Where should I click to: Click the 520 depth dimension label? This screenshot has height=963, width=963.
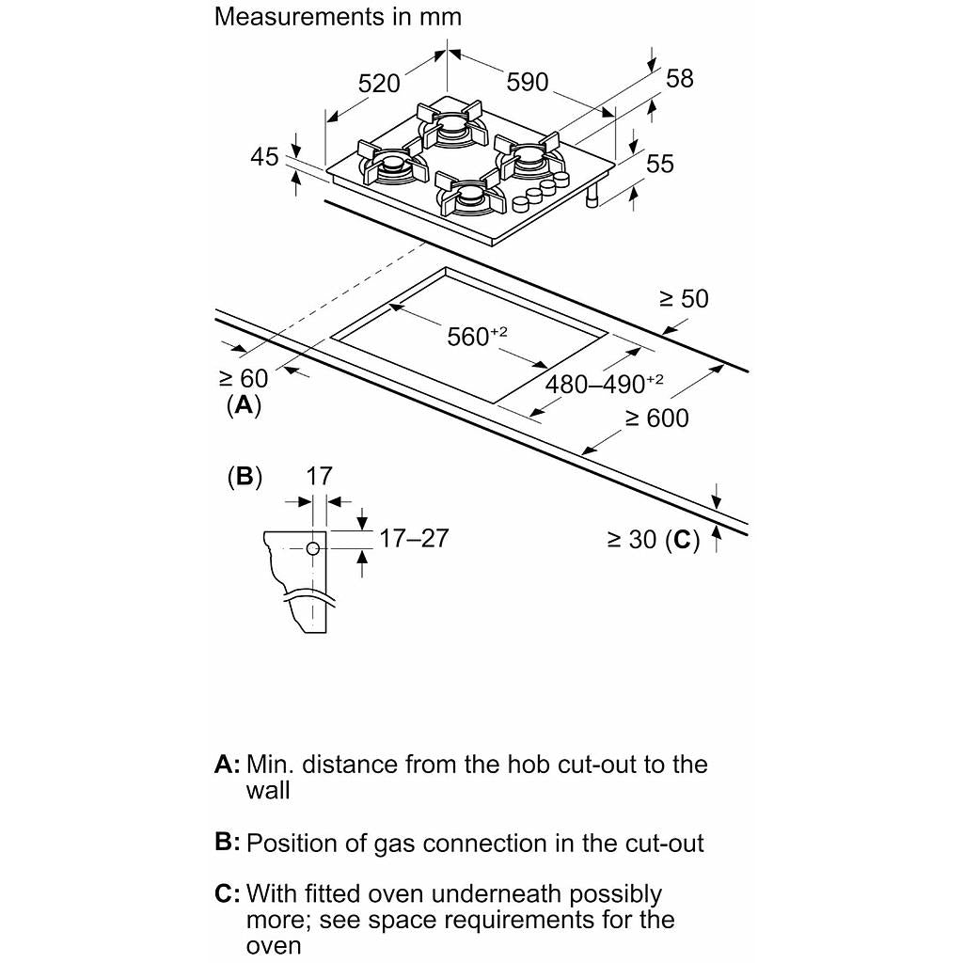click(x=380, y=83)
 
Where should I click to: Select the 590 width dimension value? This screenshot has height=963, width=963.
click(x=527, y=83)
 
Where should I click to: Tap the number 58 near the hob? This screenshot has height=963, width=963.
click(x=679, y=78)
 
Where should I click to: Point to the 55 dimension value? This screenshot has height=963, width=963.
click(x=660, y=163)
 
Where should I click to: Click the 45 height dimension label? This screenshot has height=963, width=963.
click(x=265, y=156)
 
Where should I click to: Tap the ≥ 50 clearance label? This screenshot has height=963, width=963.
click(x=684, y=298)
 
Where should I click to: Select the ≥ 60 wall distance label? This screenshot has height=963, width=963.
click(x=244, y=378)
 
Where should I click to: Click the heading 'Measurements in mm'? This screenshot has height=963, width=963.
click(x=338, y=16)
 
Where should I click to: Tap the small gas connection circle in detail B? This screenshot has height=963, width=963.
click(x=314, y=548)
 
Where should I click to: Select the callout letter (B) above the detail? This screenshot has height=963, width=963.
click(x=245, y=476)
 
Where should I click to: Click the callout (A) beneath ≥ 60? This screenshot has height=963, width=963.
click(x=244, y=405)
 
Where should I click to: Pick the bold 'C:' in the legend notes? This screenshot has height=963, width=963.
click(x=229, y=893)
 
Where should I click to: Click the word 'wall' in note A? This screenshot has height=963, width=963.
click(x=268, y=790)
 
